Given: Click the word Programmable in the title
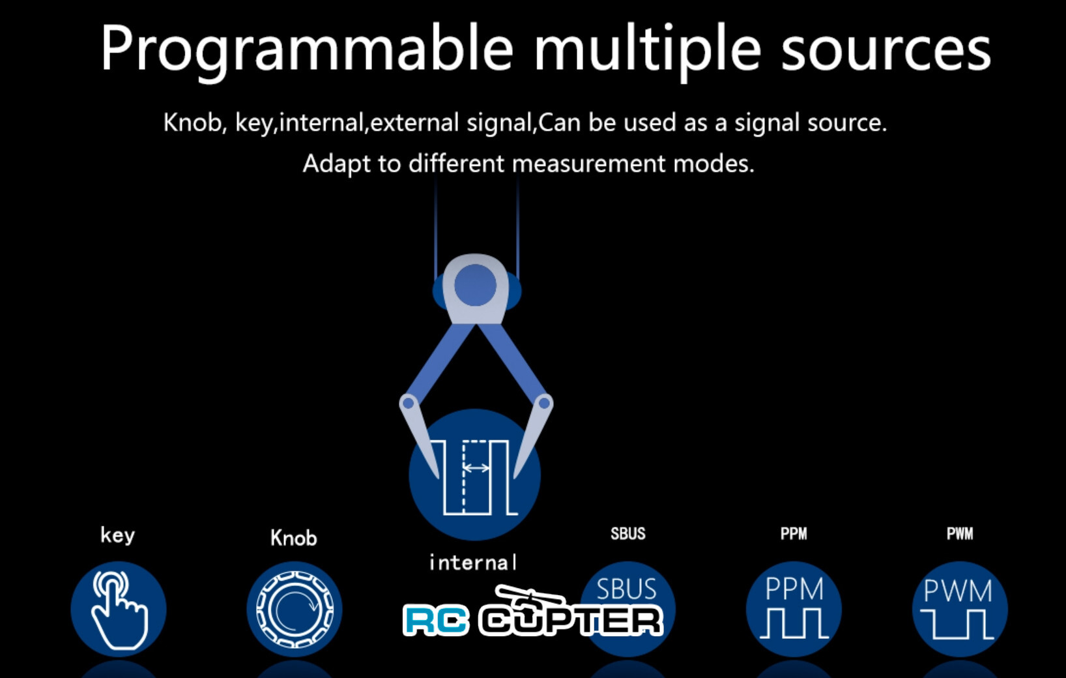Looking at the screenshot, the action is pyautogui.click(x=306, y=50).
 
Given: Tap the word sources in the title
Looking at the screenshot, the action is pyautogui.click(x=886, y=50).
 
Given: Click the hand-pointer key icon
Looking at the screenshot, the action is pyautogui.click(x=119, y=609).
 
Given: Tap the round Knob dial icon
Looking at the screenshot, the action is pyautogui.click(x=295, y=609).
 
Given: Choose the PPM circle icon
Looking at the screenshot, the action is pyautogui.click(x=794, y=609).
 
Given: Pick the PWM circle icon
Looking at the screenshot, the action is pyautogui.click(x=959, y=609).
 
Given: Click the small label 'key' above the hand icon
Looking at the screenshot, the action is pyautogui.click(x=117, y=535).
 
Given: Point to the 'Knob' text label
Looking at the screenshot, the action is pyautogui.click(x=293, y=538).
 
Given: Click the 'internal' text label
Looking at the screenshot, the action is pyautogui.click(x=473, y=562).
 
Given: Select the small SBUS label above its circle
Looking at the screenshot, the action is pyautogui.click(x=627, y=534).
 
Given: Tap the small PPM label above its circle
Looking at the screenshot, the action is pyautogui.click(x=794, y=534).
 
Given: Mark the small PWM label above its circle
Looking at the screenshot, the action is pyautogui.click(x=959, y=534).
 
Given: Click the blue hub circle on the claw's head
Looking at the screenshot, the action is pyautogui.click(x=475, y=285).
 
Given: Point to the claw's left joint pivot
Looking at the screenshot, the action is pyautogui.click(x=409, y=403).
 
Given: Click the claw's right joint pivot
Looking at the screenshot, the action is pyautogui.click(x=543, y=404).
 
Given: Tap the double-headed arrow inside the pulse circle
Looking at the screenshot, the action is pyautogui.click(x=476, y=467).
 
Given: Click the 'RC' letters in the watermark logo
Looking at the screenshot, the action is pyautogui.click(x=435, y=620).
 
